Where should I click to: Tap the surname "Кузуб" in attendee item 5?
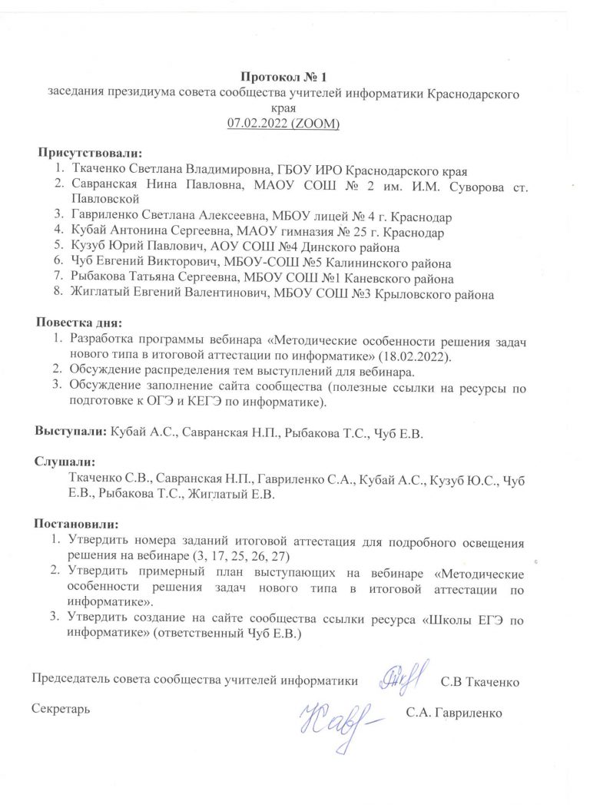87,247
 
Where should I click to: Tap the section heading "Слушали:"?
65,464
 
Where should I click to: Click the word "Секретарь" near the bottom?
61,708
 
